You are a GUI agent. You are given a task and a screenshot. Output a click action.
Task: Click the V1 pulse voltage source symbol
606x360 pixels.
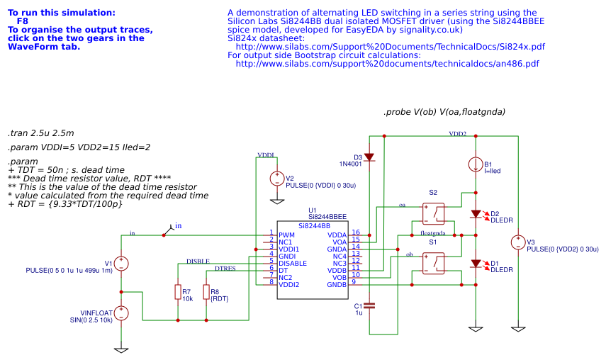tap(121, 264)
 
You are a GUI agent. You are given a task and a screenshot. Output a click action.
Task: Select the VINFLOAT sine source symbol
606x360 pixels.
tap(121, 313)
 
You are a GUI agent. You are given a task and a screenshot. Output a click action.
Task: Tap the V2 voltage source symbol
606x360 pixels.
tap(277, 179)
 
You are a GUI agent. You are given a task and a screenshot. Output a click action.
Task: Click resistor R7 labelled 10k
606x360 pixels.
tap(177, 292)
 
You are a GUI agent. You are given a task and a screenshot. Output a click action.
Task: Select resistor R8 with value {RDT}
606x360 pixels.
tap(206, 292)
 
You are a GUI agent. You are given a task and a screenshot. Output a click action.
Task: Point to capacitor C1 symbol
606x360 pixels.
tap(369, 305)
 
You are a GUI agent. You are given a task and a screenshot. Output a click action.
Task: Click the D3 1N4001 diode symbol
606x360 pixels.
tap(369, 157)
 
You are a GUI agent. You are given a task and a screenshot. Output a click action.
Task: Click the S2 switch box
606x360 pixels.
tap(433, 213)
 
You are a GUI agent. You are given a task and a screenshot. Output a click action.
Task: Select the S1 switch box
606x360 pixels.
tap(433, 263)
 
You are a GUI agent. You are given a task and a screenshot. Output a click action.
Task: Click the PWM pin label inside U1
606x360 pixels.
tap(286, 235)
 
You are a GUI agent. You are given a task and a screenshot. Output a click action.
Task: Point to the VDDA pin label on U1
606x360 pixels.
tap(337, 235)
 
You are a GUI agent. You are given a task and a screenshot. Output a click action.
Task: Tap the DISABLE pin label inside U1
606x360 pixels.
tap(293, 263)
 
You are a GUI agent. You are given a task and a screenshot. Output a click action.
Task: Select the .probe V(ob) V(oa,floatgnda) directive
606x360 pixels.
tap(444, 112)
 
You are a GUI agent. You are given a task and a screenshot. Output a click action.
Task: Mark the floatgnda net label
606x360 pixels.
tap(433, 232)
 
